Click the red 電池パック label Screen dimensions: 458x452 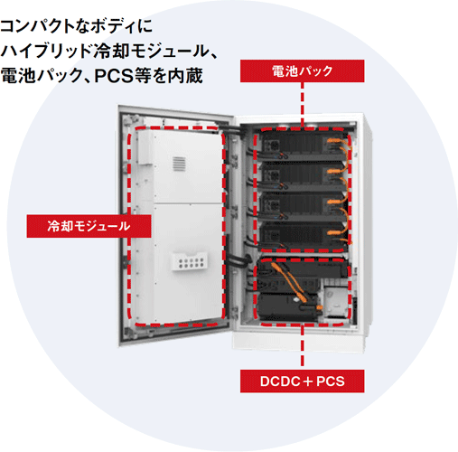302,71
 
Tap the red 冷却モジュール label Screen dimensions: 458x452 89,226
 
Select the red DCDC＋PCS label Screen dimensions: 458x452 302,381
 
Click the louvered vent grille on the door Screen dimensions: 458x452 179,164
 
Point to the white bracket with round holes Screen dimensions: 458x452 189,261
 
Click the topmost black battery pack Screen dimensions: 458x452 303,146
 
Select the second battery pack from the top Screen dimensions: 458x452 303,176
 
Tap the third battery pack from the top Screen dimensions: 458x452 303,207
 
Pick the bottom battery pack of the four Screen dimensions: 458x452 303,237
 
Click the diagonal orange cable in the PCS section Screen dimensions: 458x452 289,282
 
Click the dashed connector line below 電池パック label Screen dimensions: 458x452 302,105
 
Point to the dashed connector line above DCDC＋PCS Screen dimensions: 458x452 302,347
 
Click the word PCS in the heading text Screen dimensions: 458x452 114,76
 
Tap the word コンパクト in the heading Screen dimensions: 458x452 37,26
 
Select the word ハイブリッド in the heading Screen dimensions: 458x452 45,51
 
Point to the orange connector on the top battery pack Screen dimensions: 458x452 335,140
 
